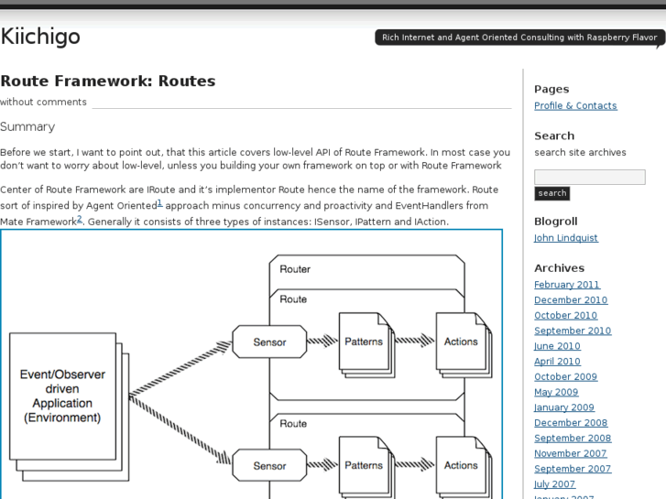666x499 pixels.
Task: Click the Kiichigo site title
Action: point(40,37)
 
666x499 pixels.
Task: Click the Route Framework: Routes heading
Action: point(108,81)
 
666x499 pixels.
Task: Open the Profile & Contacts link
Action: point(575,105)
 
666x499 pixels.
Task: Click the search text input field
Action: point(589,177)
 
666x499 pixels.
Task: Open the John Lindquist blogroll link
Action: point(565,238)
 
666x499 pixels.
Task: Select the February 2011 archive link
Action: point(566,285)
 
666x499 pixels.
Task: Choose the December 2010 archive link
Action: point(570,300)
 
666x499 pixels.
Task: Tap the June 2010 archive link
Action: point(557,346)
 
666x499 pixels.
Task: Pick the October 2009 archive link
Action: point(565,377)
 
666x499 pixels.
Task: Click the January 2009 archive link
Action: point(563,407)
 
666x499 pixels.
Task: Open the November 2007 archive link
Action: point(570,453)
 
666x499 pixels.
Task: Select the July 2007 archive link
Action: point(554,484)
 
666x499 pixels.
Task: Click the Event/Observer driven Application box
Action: point(62,396)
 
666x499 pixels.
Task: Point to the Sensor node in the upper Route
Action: point(269,342)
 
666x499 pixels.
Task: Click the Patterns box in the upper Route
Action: point(363,342)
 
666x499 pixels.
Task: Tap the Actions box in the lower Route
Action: point(460,465)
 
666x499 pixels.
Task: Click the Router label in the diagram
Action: point(295,269)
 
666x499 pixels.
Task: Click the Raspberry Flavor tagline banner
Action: point(519,38)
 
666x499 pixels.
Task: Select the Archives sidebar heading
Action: point(559,268)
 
